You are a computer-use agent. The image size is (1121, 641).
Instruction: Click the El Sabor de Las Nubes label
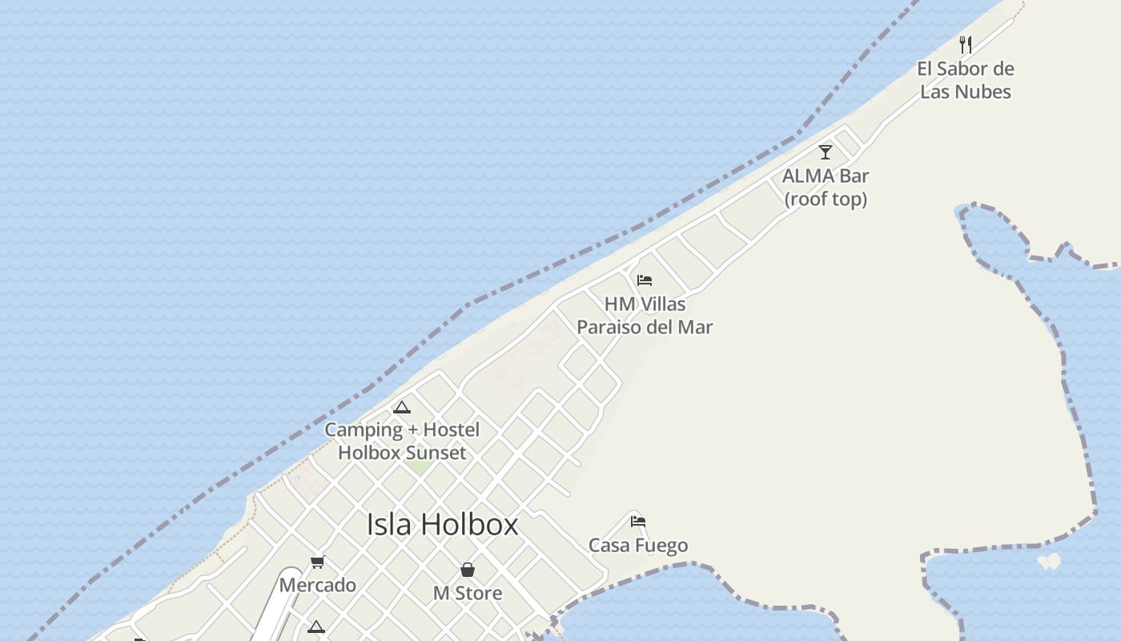tap(965, 80)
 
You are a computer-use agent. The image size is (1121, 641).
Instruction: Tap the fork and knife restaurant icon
tap(966, 45)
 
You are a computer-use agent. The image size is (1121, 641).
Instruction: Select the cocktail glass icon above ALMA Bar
tap(826, 151)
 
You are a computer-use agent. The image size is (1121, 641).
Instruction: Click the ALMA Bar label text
tap(826, 175)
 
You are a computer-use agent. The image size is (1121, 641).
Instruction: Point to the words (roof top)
tap(826, 199)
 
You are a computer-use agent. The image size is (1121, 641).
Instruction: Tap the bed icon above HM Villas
tap(645, 280)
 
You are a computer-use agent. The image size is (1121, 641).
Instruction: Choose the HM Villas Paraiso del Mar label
tap(645, 316)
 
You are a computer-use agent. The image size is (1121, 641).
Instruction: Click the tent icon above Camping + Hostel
tap(402, 407)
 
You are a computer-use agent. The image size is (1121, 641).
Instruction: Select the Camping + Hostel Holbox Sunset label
tap(402, 441)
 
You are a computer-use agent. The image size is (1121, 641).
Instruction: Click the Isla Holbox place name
tap(442, 525)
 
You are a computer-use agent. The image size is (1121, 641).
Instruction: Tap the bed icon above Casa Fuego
tap(638, 522)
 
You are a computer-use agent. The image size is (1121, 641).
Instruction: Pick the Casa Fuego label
tap(638, 546)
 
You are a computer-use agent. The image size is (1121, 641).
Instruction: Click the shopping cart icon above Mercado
tap(318, 562)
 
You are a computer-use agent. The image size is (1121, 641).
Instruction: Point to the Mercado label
tap(318, 585)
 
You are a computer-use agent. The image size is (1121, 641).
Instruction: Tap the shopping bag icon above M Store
tap(468, 570)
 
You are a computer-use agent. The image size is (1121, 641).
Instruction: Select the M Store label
tap(468, 594)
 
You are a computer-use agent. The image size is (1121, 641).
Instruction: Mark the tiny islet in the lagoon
tap(1049, 561)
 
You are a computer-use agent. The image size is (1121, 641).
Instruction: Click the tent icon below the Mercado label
tap(316, 627)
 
